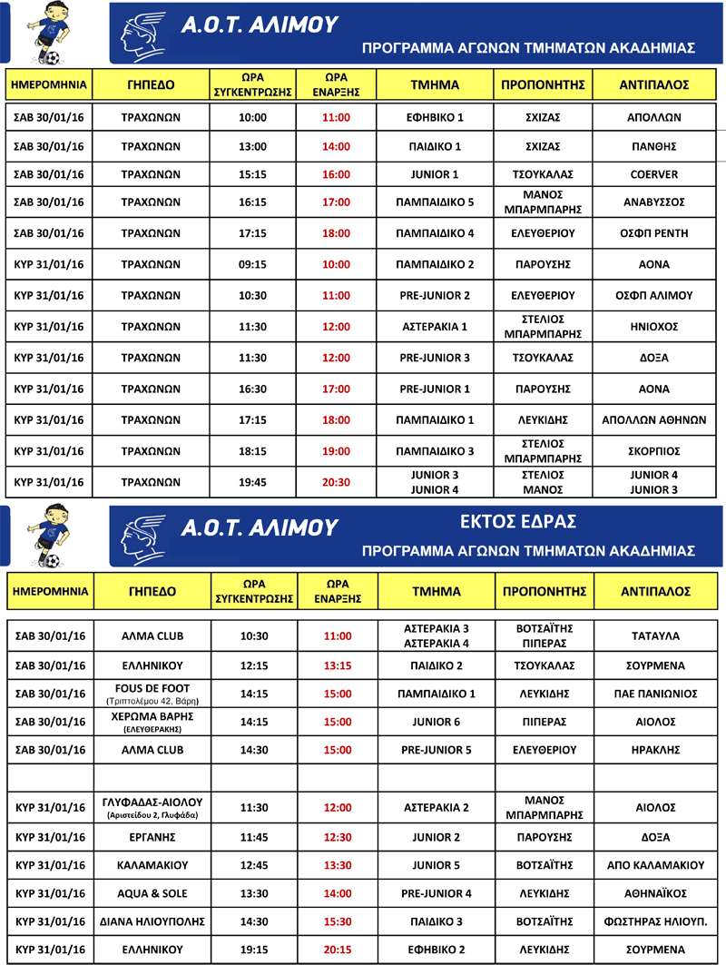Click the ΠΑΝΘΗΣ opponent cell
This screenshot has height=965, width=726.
click(654, 146)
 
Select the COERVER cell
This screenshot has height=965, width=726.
click(654, 174)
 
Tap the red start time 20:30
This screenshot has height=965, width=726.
click(336, 482)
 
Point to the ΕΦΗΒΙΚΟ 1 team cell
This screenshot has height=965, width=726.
click(435, 117)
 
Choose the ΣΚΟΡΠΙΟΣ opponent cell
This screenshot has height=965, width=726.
click(654, 451)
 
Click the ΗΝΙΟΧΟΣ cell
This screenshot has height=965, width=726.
click(654, 327)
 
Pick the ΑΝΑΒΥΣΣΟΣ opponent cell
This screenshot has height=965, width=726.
click(654, 202)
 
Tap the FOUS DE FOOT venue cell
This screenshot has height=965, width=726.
click(152, 694)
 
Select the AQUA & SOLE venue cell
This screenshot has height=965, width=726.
click(152, 893)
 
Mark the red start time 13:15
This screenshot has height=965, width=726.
click(337, 665)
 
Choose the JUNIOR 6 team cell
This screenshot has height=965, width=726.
click(437, 722)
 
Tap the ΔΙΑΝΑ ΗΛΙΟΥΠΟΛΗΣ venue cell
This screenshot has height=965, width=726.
click(152, 921)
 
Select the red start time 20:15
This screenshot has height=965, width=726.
click(337, 950)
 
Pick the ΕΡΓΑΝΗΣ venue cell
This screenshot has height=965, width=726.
click(152, 836)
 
